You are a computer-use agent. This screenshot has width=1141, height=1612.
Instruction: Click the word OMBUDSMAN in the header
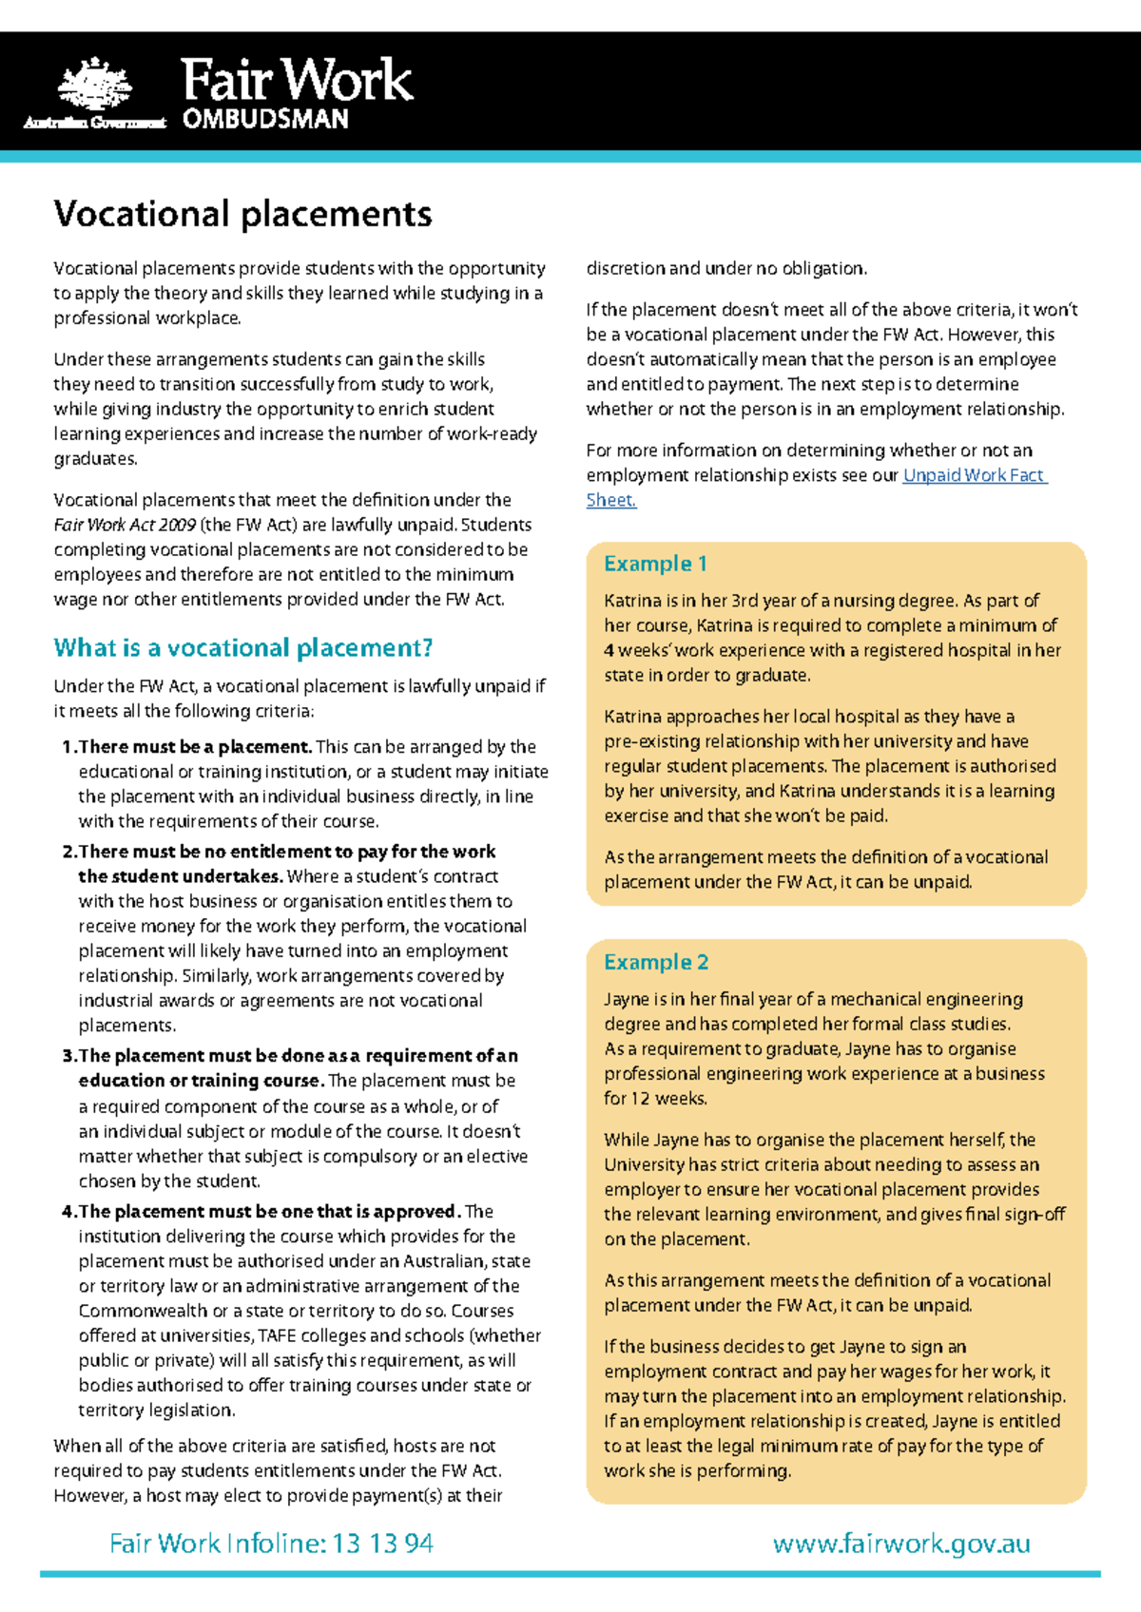click(x=265, y=120)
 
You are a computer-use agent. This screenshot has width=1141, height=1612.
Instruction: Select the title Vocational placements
click(x=242, y=214)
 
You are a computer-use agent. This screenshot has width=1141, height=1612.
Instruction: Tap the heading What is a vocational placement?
click(x=242, y=648)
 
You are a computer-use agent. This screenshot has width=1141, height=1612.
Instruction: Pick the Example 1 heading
click(x=655, y=564)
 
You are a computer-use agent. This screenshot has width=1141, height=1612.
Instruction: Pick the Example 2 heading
click(x=655, y=962)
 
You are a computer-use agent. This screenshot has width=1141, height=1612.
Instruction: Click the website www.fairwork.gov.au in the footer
click(x=901, y=1543)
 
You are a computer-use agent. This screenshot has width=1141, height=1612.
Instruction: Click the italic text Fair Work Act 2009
click(x=124, y=525)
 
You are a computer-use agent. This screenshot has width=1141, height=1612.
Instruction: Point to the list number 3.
click(x=68, y=1056)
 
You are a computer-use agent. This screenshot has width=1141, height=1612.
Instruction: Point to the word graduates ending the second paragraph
click(x=95, y=459)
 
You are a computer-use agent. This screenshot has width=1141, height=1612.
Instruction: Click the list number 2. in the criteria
click(x=68, y=852)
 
